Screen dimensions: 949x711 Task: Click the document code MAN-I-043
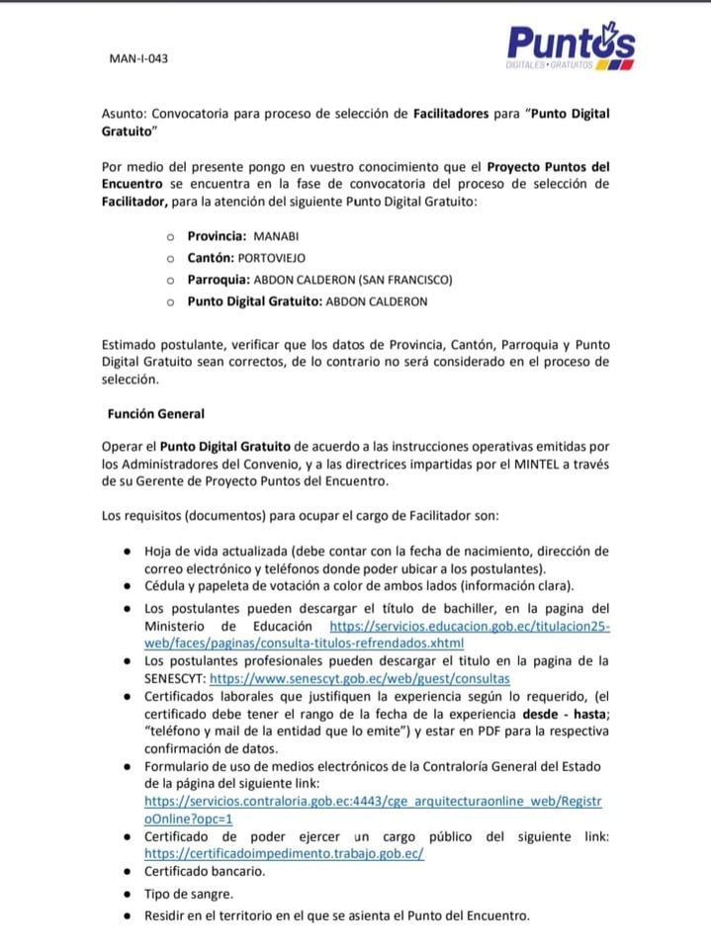(138, 59)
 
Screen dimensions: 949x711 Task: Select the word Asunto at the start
(125, 114)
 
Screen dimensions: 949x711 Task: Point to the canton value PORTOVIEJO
(280, 259)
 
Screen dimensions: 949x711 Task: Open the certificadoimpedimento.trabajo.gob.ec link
(284, 853)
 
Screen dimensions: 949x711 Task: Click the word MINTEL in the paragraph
(507, 464)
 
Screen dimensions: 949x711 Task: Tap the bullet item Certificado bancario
(205, 872)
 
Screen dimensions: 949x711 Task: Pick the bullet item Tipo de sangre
(189, 894)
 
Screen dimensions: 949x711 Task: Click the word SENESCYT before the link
(175, 678)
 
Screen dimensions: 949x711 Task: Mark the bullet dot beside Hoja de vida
(129, 551)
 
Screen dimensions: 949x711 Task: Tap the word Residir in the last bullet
(166, 915)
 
